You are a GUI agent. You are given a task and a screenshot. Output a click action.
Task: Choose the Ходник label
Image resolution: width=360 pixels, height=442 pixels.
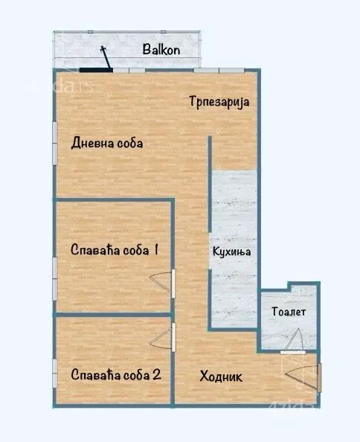222,376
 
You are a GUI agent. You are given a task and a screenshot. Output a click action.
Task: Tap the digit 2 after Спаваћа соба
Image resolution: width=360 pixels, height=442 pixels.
157,374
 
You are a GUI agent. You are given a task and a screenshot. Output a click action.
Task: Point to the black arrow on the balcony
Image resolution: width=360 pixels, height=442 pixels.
106,57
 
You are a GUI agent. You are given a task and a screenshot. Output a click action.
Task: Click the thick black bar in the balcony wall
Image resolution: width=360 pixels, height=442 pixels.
95,71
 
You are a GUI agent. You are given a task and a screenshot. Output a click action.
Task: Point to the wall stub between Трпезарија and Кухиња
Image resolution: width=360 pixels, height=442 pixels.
210,153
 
